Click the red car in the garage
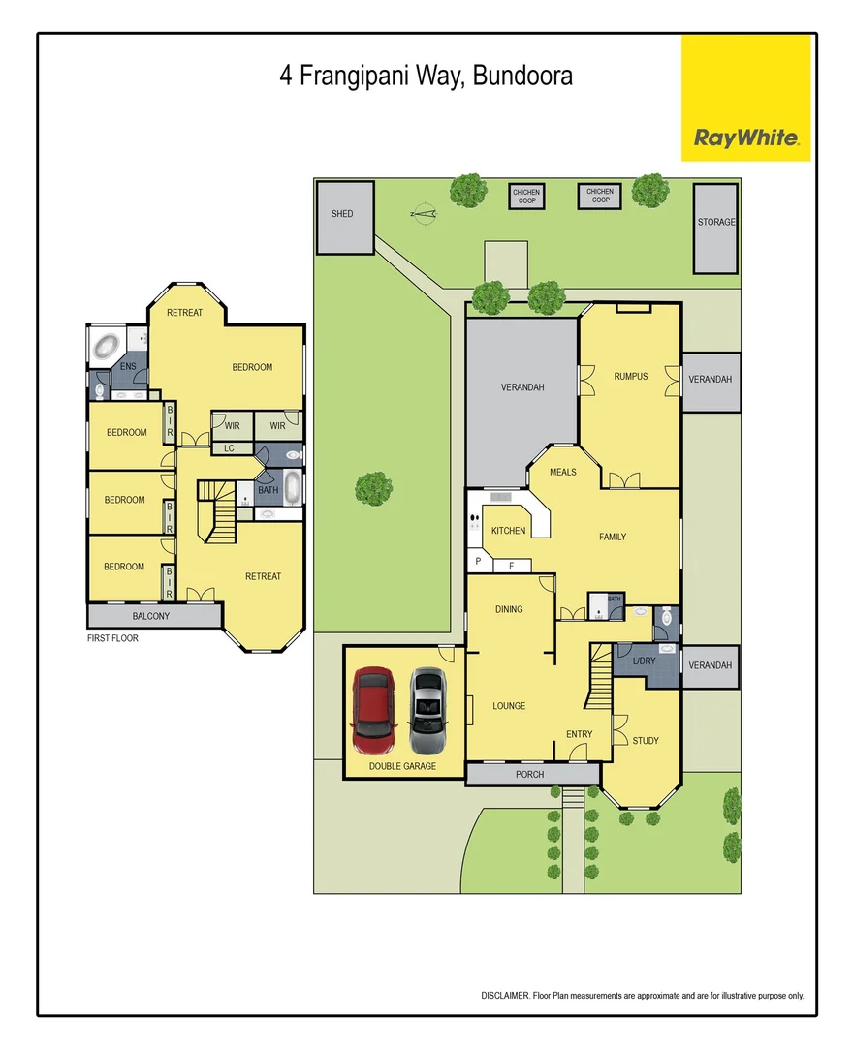click(375, 710)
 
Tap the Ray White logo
click(745, 138)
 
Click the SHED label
click(342, 214)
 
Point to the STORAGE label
click(716, 223)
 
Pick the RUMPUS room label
click(630, 376)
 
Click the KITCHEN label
click(508, 531)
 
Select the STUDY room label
click(646, 741)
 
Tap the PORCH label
click(530, 775)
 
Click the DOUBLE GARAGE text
click(403, 766)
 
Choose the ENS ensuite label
click(126, 367)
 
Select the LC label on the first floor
click(229, 448)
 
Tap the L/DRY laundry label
click(645, 661)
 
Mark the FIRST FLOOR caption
click(113, 638)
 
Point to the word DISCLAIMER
click(505, 996)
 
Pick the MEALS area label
click(563, 473)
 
